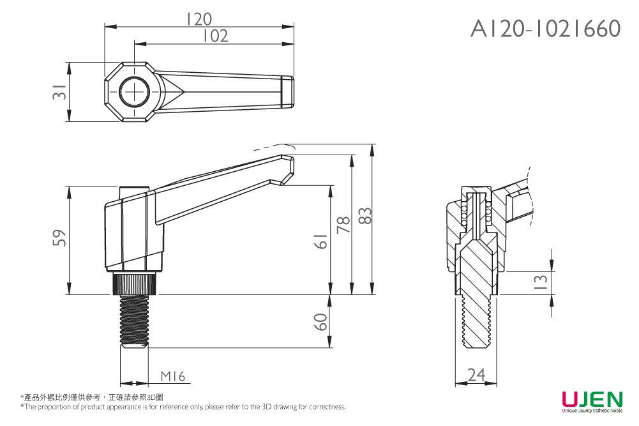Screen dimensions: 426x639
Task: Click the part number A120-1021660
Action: [545, 28]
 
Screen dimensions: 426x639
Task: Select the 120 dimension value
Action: [199, 19]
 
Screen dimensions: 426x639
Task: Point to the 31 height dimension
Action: [59, 92]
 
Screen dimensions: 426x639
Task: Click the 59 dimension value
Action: [59, 238]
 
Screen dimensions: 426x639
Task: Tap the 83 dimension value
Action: [365, 216]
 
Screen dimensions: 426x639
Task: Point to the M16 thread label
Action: [172, 377]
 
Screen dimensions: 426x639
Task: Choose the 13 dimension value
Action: [540, 282]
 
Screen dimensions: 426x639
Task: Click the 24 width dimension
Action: [476, 376]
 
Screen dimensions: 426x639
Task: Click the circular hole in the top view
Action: [135, 92]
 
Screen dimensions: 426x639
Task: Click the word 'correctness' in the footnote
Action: [327, 407]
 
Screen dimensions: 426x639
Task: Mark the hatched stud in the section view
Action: [476, 287]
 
